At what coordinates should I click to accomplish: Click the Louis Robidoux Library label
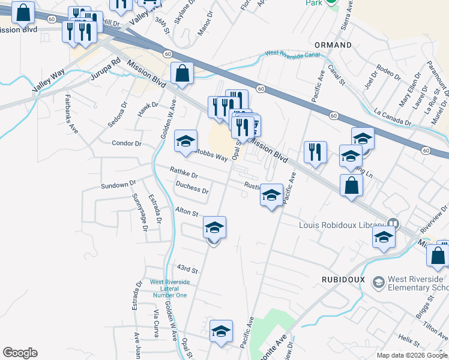[x=342, y=225]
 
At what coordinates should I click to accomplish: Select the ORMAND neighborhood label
[x=333, y=45]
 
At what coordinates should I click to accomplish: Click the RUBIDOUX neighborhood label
[x=343, y=280]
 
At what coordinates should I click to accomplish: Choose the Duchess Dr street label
[x=192, y=188]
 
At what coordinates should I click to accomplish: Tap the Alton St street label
[x=187, y=212]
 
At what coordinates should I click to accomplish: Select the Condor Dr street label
[x=126, y=143]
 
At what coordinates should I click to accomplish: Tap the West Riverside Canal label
[x=292, y=53]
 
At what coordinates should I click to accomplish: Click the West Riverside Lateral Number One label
[x=170, y=288]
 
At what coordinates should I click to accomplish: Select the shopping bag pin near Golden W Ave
[x=182, y=74]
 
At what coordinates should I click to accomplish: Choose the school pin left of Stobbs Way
[x=185, y=142]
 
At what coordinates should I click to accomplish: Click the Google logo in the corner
[x=20, y=353]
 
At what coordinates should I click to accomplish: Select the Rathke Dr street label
[x=184, y=173]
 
